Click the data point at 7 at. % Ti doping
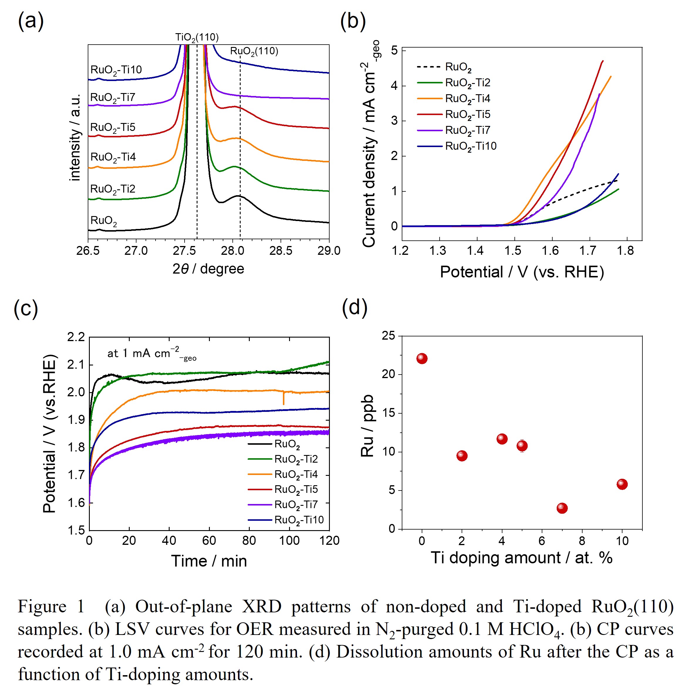pos(562,508)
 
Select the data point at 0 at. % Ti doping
pos(422,358)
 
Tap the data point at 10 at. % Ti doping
pos(622,484)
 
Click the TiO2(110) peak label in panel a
pos(197,38)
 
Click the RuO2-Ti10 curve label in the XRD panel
pos(116,70)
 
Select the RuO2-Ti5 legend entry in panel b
pos(467,114)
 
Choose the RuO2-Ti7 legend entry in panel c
pos(296,505)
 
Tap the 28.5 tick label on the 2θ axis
pos(281,251)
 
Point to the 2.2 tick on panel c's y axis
pos(76,337)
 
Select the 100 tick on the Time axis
pos(289,541)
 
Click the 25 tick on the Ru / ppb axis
pos(388,336)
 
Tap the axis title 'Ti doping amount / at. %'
pos(521,558)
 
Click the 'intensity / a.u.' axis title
pos(75,138)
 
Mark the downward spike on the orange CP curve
pos(283,399)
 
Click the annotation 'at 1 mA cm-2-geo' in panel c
pos(151,354)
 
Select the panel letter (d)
pos(355,308)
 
